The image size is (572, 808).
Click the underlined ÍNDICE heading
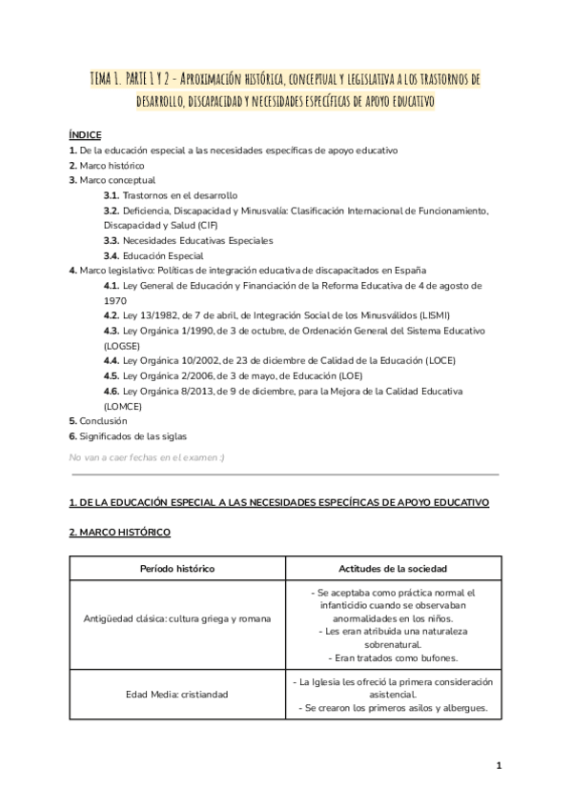click(x=85, y=136)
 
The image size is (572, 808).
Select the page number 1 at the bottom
click(x=499, y=765)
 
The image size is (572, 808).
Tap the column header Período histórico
click(x=177, y=568)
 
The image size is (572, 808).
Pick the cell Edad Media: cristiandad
click(x=177, y=694)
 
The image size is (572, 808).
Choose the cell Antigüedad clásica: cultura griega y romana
click(x=177, y=618)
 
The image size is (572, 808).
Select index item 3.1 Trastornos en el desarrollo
click(x=171, y=194)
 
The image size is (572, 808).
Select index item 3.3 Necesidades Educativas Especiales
click(x=188, y=240)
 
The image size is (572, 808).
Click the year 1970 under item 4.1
click(x=115, y=299)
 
